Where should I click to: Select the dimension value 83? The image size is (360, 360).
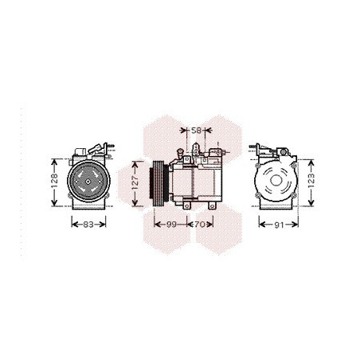coord(88,225)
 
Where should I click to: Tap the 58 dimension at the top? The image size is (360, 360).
coord(196,131)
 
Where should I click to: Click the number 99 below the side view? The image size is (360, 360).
coord(171,225)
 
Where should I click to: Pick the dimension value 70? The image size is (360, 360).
coord(199,225)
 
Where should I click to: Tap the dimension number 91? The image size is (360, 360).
coord(279,225)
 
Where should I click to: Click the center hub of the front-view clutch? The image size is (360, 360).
coord(88,182)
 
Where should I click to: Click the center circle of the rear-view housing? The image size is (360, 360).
coord(276,181)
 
